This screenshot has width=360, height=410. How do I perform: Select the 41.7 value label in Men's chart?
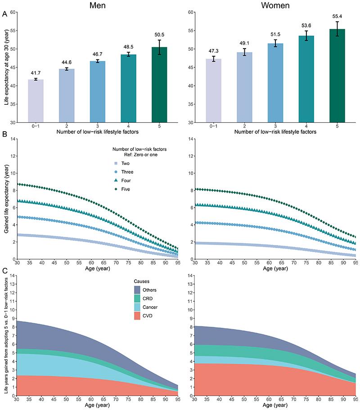point(36,73)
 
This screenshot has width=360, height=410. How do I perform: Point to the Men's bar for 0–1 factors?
point(36,101)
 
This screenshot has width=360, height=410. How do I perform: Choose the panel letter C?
point(4,271)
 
